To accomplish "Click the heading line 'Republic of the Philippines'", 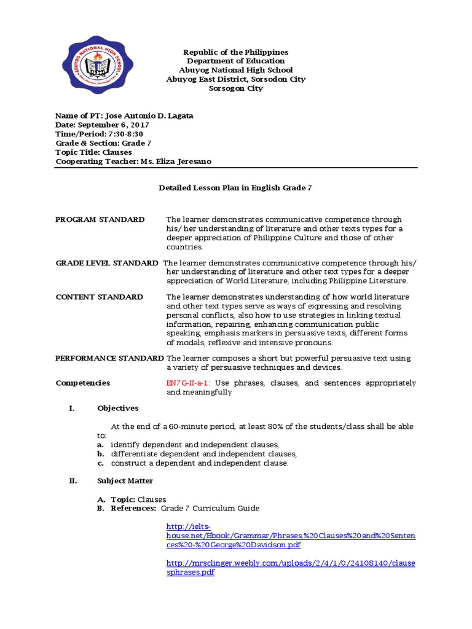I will pos(236,53).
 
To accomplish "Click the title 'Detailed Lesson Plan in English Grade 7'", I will pos(236,189).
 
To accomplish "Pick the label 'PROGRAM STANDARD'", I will pos(100,220).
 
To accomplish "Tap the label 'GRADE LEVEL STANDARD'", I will pos(107,263).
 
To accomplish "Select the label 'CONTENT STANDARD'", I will pos(100,297).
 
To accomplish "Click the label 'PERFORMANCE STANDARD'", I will pos(109,358).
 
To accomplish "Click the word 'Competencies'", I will pos(83,383).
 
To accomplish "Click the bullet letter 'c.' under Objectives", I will pos(100,463).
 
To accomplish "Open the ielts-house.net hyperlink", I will pos(291,536).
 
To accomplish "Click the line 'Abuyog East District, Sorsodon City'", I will pos(236,79).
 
